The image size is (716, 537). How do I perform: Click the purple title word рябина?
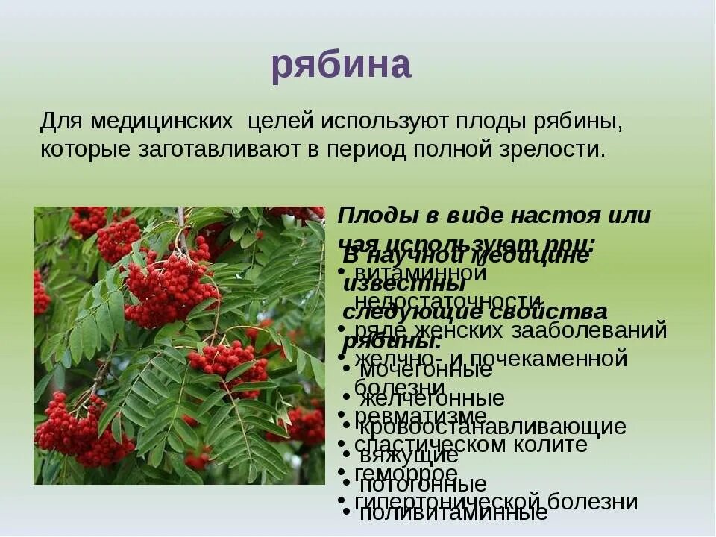coord(341,65)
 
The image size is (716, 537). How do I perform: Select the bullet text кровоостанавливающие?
coord(493,427)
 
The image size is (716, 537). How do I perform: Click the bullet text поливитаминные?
coord(453,513)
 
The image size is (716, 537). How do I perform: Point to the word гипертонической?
coord(434,501)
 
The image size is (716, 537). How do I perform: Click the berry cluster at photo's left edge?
coord(41,292)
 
